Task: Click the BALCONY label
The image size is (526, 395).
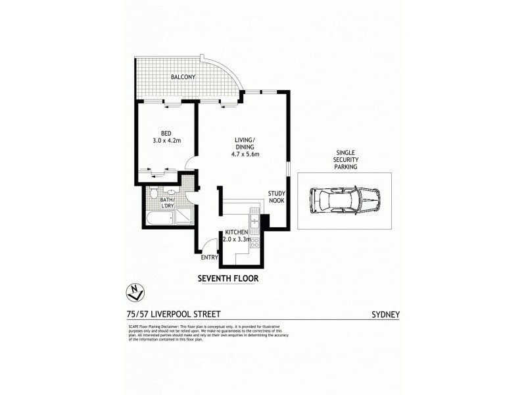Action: (183, 77)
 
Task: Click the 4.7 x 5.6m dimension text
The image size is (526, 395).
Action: (246, 155)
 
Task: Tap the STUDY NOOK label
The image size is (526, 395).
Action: (276, 196)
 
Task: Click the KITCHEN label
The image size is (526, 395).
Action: (236, 233)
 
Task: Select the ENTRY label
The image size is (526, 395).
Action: (209, 257)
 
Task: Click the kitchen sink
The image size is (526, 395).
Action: (254, 218)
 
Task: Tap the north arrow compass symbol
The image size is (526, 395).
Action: (134, 290)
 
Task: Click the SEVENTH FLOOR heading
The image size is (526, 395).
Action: (228, 278)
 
